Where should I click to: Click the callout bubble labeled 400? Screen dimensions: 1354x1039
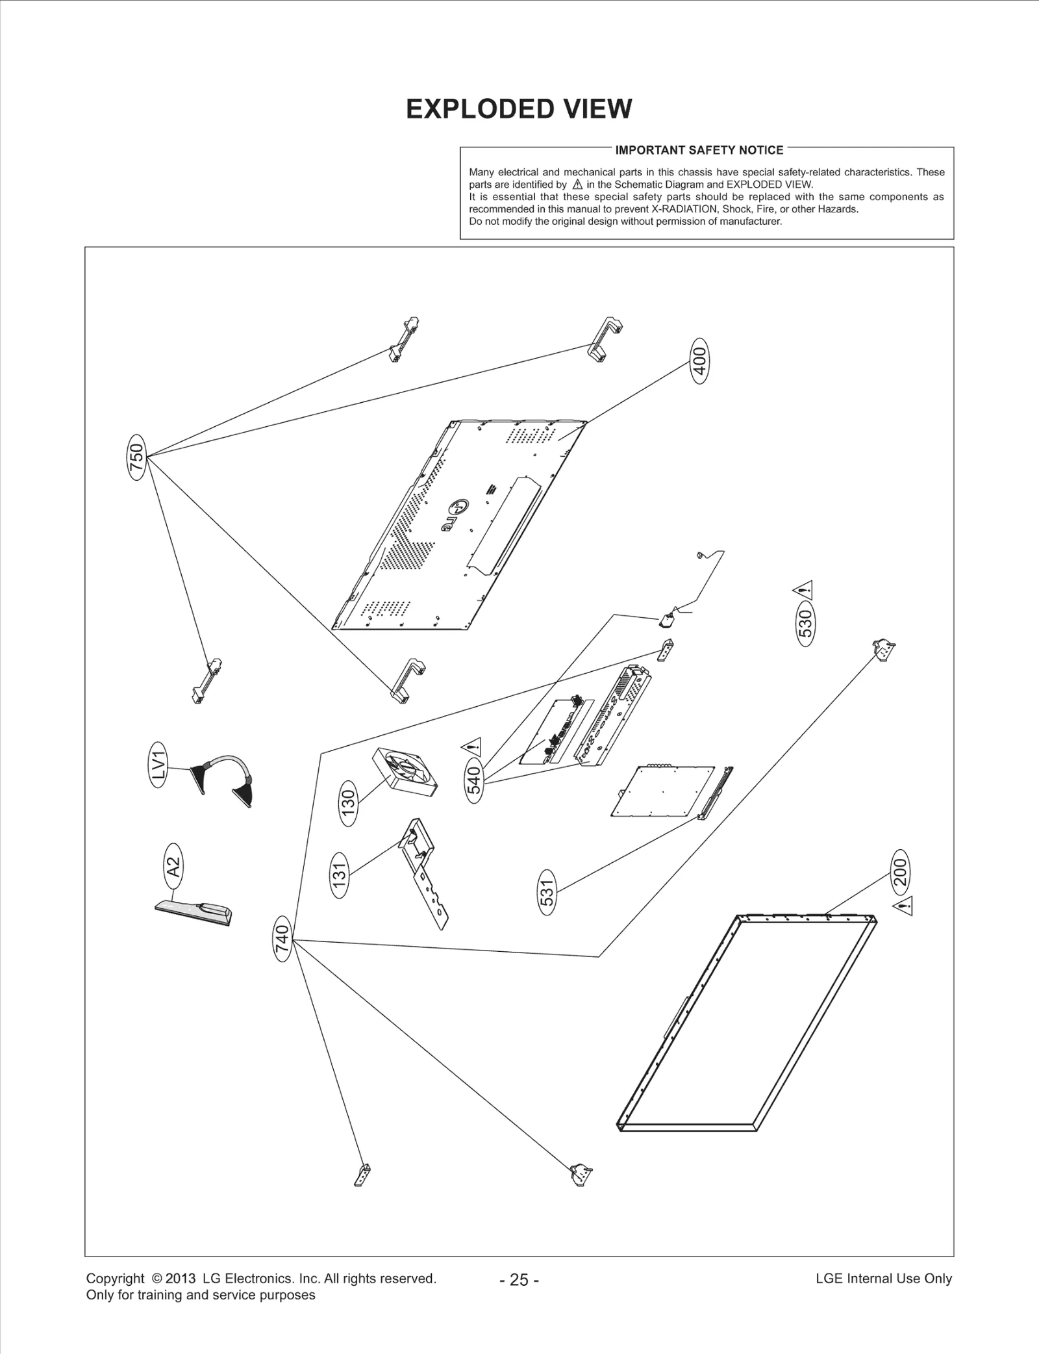click(699, 361)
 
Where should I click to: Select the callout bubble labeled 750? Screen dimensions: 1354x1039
click(138, 457)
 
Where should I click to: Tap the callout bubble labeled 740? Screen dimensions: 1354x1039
click(281, 939)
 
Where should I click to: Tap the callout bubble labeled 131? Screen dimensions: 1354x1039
click(340, 875)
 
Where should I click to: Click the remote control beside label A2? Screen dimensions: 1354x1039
click(194, 912)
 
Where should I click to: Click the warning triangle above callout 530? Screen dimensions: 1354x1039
click(803, 591)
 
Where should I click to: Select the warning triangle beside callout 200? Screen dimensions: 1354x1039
click(904, 904)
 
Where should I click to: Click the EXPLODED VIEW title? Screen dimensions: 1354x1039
click(518, 109)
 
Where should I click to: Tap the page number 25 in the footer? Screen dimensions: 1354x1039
click(519, 1279)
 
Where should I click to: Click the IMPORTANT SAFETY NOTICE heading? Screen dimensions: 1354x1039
click(699, 150)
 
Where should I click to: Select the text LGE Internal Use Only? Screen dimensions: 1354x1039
click(883, 1278)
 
